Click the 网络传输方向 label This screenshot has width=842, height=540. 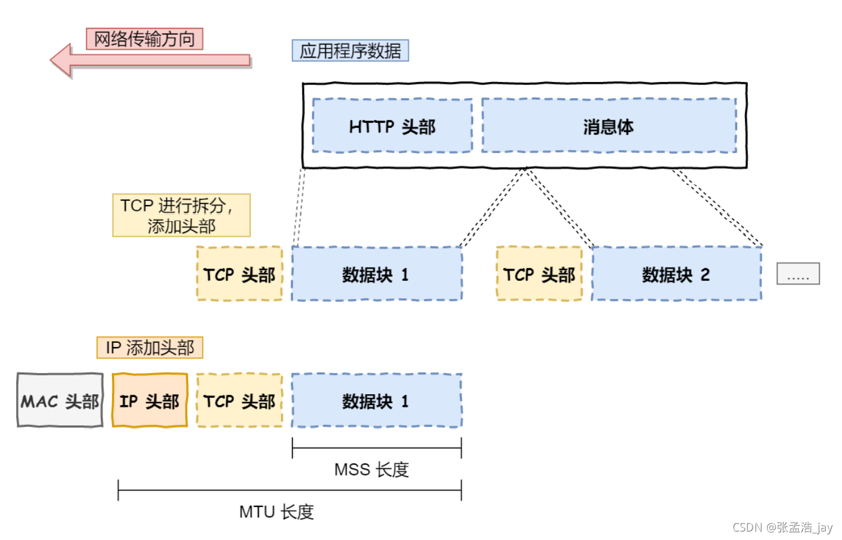click(x=144, y=39)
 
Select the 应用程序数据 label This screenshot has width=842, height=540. click(x=350, y=51)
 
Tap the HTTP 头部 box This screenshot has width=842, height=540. click(x=392, y=126)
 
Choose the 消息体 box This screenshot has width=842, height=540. click(x=609, y=126)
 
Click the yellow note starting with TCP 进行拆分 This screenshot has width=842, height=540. click(x=181, y=215)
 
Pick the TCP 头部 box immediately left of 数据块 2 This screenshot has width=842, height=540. click(x=539, y=274)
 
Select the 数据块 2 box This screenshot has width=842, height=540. click(x=676, y=274)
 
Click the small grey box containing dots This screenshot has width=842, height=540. click(x=797, y=274)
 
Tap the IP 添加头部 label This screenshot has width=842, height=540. click(x=149, y=348)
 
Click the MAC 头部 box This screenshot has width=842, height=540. click(x=60, y=401)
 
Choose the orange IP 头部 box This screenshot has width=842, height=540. click(x=149, y=401)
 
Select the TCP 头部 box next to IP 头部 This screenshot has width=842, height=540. click(x=239, y=401)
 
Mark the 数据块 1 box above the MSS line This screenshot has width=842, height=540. click(x=377, y=401)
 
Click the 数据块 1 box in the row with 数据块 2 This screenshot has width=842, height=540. click(x=377, y=274)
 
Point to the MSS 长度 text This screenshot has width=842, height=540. click(x=371, y=469)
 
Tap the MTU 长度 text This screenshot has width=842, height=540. click(x=277, y=512)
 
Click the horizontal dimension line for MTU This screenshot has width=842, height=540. click(x=289, y=491)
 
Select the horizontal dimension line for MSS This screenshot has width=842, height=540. click(x=377, y=448)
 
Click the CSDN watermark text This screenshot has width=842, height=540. click(x=782, y=527)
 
